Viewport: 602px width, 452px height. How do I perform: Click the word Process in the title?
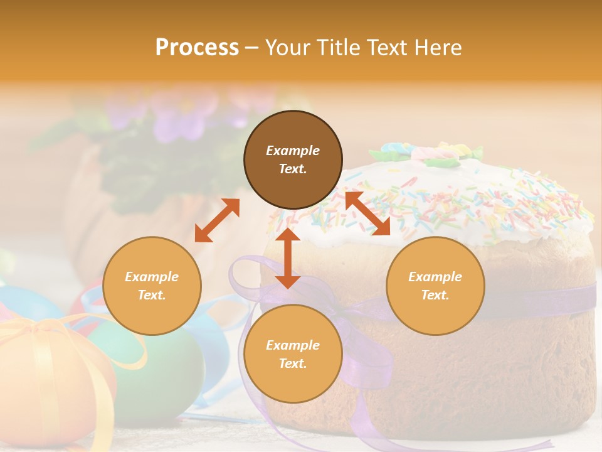(197, 48)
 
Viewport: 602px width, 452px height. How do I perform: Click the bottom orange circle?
(293, 377)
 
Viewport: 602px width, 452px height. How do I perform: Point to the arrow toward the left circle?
(217, 220)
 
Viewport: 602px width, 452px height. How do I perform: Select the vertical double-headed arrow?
(288, 258)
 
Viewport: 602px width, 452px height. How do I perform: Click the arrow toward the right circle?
(367, 214)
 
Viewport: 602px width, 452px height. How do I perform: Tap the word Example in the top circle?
(293, 151)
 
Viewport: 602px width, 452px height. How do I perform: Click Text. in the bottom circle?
(293, 363)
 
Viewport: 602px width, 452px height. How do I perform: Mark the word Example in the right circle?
(435, 277)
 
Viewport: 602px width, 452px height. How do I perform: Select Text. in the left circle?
(152, 295)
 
